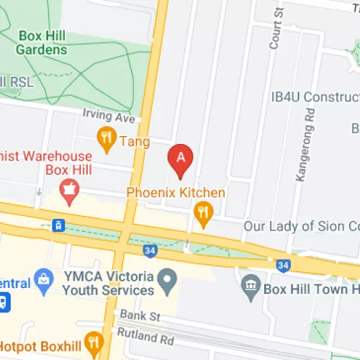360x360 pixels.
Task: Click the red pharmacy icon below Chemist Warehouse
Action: pos(69,191)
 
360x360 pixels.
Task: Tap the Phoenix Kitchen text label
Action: pos(176,193)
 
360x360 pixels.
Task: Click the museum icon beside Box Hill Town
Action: pos(251,283)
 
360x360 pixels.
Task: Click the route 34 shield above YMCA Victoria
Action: pos(150,251)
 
